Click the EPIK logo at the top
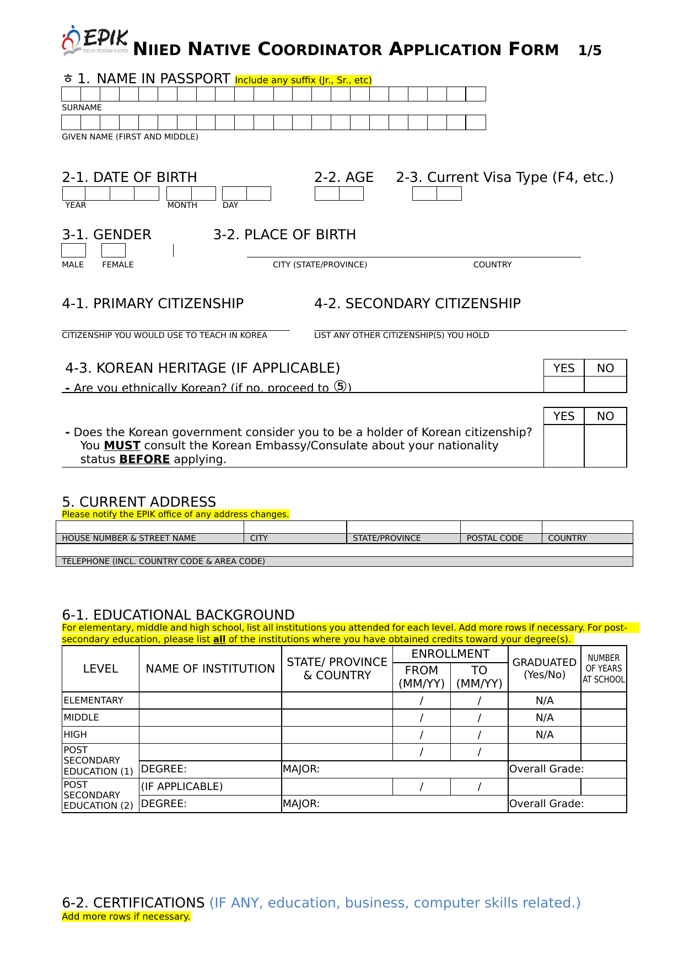95,41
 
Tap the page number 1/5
590,51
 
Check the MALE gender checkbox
73,250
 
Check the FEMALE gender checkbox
114,250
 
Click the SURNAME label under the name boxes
82,108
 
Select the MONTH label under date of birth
182,205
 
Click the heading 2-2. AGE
343,178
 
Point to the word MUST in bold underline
122,445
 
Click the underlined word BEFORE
144,459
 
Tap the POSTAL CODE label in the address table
494,538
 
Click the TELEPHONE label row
163,561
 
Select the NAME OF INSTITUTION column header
210,669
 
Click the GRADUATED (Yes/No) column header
544,668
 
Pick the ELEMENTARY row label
93,700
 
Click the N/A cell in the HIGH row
544,735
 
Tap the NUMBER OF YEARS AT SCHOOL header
604,669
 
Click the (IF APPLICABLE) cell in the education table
182,787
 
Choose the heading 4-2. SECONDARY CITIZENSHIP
417,304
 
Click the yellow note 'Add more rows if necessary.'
126,916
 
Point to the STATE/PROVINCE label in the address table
386,538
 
